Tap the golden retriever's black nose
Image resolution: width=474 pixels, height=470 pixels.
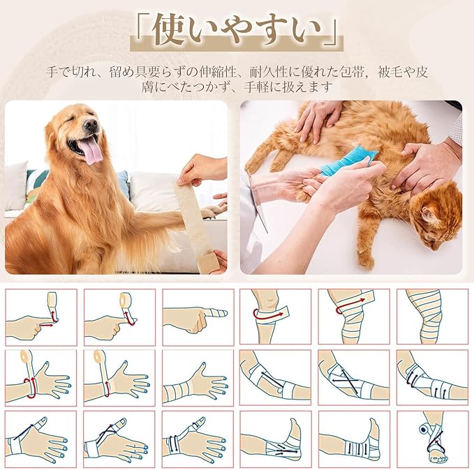tap(91, 124)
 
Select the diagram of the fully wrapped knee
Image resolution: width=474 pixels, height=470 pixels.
tap(432, 317)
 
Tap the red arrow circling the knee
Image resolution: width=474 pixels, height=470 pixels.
tap(267, 315)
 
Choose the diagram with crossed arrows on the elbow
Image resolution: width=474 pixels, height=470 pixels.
tap(354, 377)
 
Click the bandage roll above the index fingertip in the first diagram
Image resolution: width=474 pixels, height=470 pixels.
tap(52, 299)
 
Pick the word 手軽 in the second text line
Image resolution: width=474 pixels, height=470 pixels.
tap(257, 88)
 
